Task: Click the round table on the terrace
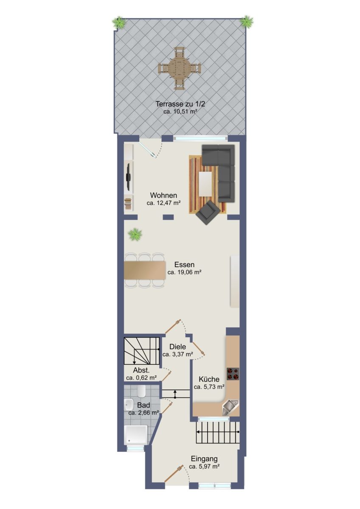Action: pos(180,68)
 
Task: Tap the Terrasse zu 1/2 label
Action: pos(180,104)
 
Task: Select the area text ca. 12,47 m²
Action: pos(163,203)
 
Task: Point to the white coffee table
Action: pos(205,184)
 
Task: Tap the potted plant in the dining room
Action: pos(135,234)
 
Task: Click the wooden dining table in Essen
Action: pos(145,270)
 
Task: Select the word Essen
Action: pos(184,265)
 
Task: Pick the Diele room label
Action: pos(177,347)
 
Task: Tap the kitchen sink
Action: pos(229,407)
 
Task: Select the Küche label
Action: pos(209,379)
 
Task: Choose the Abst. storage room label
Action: pos(141,370)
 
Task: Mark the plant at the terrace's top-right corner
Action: pos(246,22)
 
